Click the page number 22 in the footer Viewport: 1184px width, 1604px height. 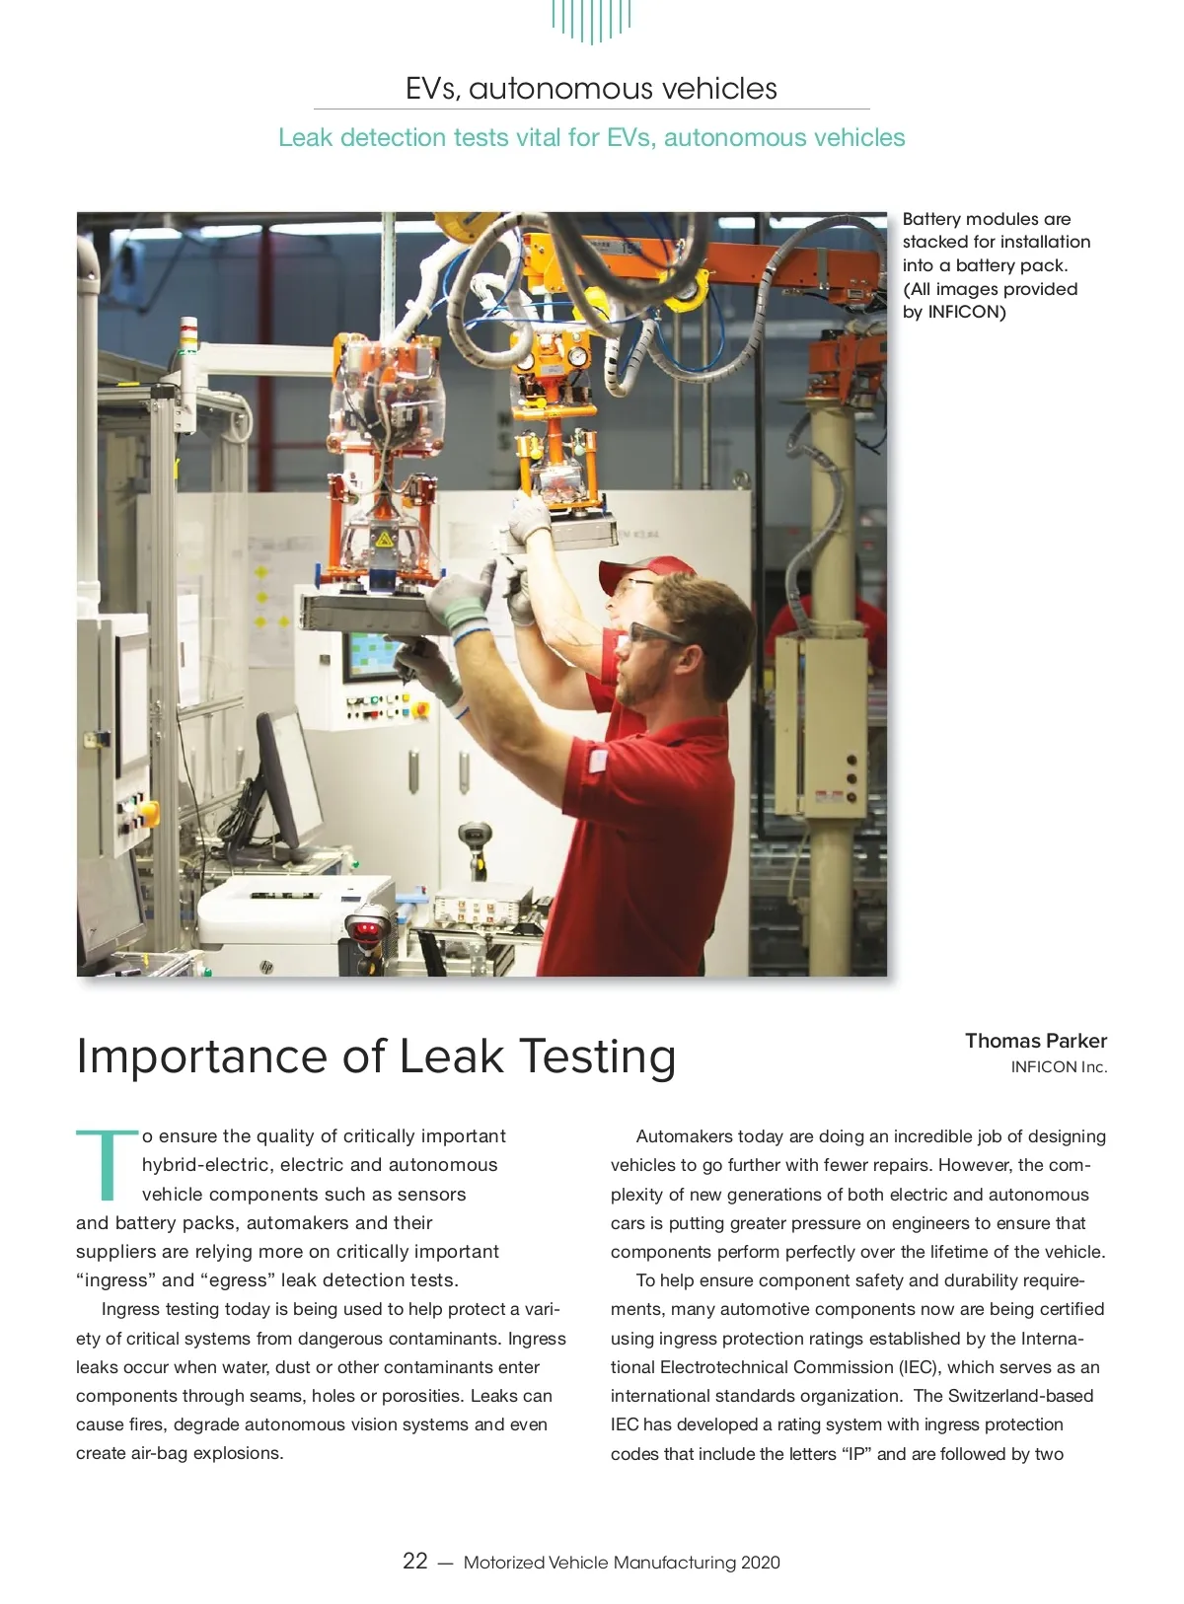point(414,1561)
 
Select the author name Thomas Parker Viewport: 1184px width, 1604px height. point(1035,1041)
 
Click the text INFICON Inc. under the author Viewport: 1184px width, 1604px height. point(1059,1067)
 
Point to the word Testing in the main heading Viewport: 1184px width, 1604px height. point(597,1057)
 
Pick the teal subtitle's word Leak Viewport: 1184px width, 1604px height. point(305,138)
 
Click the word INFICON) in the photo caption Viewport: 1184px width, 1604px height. point(966,313)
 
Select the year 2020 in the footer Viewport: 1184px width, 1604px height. point(760,1563)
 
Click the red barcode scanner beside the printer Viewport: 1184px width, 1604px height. point(368,927)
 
